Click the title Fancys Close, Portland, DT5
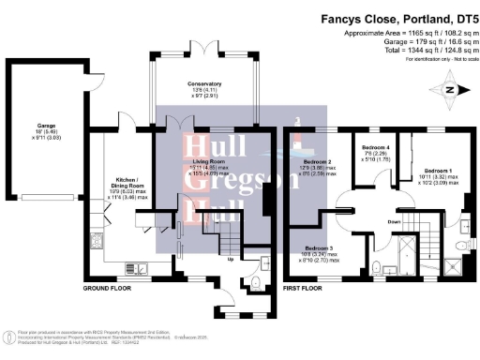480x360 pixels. [x=399, y=17]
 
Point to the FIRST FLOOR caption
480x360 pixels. [x=304, y=289]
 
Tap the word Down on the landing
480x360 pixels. [x=397, y=221]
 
